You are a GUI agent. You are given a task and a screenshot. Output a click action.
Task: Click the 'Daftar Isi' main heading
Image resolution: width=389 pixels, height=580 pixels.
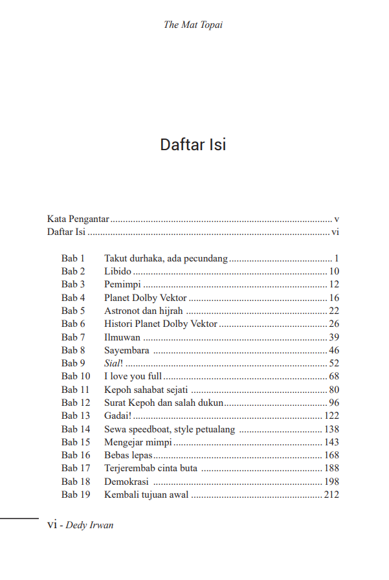click(193, 144)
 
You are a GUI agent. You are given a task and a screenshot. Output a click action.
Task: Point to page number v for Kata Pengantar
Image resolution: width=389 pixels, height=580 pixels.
click(337, 219)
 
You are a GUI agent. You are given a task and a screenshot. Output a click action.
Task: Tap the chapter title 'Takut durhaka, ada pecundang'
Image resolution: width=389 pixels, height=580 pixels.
click(166, 258)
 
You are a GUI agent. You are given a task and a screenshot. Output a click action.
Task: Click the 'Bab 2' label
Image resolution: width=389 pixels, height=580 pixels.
click(73, 271)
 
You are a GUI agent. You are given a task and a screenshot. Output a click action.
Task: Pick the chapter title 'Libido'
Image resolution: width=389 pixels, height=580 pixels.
click(118, 271)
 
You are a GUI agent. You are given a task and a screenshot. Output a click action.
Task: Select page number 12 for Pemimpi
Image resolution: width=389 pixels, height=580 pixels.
click(334, 284)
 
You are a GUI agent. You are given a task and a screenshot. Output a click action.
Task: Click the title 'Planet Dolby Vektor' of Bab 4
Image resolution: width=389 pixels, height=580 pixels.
click(146, 298)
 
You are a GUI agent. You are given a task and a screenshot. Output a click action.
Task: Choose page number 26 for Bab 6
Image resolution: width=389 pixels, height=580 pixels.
click(334, 324)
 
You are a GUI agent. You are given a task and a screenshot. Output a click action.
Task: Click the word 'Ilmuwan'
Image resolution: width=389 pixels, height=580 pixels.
click(122, 337)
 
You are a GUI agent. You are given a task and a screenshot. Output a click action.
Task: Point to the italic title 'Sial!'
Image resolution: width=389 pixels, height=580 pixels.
click(113, 363)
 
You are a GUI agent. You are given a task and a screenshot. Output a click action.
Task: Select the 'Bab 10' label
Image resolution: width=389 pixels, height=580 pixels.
click(76, 376)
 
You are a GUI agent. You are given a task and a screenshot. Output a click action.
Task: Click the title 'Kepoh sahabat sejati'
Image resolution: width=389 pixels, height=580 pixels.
click(147, 390)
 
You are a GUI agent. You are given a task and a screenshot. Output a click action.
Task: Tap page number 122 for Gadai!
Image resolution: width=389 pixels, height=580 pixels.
click(331, 416)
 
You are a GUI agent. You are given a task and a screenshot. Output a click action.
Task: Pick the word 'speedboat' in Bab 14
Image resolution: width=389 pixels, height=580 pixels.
click(148, 429)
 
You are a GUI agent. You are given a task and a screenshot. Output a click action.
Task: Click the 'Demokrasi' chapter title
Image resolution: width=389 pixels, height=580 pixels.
click(127, 482)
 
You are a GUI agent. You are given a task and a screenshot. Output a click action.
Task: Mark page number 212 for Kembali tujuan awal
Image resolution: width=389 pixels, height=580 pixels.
click(331, 495)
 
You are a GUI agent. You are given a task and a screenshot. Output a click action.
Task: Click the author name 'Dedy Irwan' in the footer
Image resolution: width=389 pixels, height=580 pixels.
click(89, 525)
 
